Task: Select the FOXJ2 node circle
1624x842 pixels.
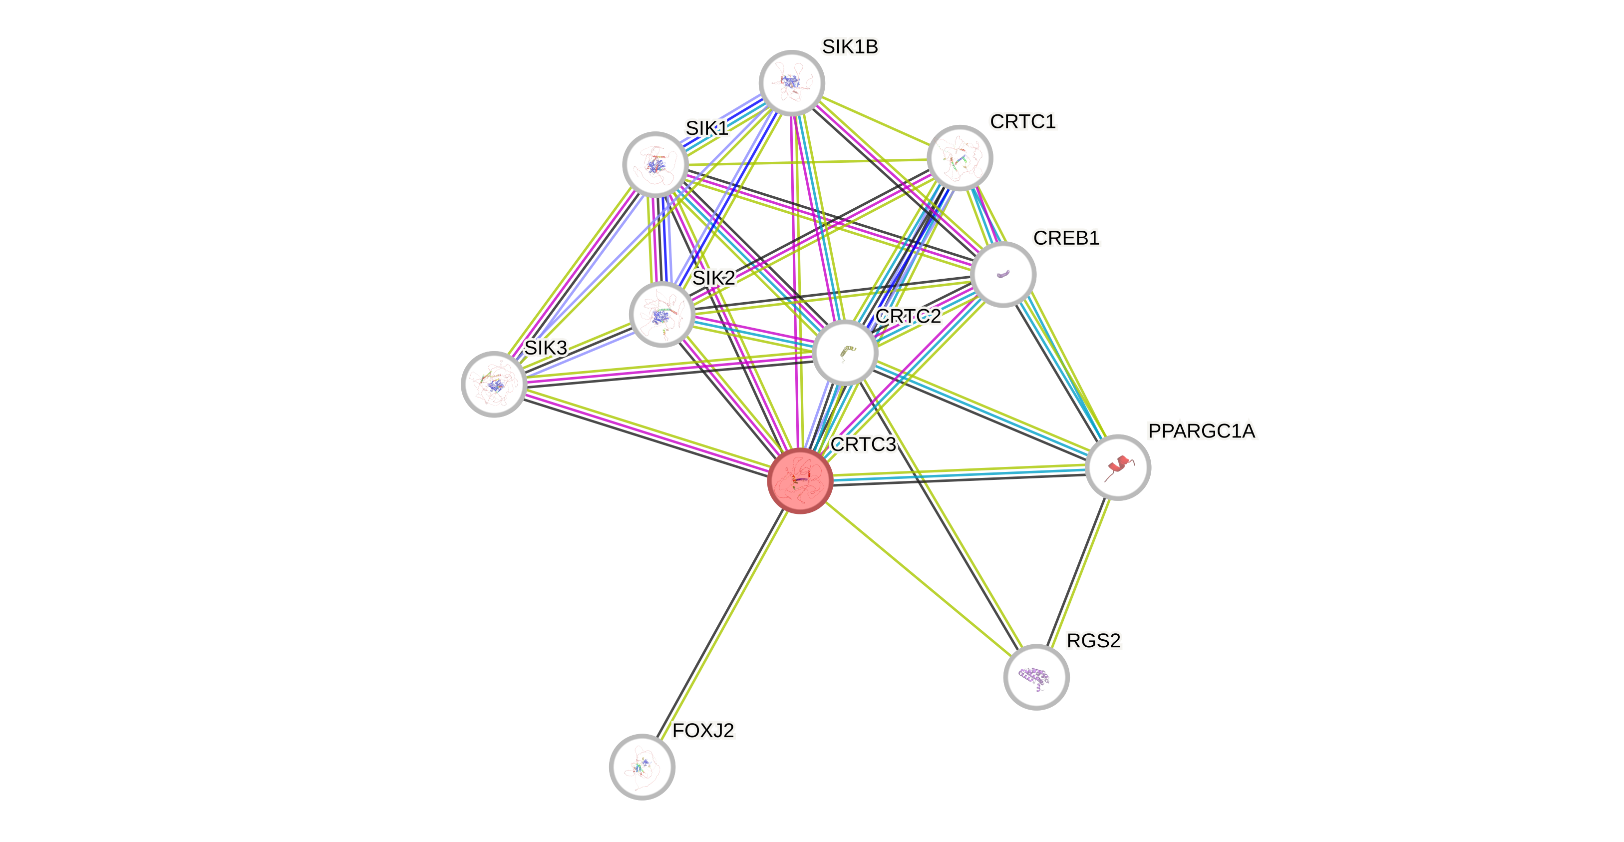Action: click(x=642, y=766)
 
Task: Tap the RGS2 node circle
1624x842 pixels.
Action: click(x=1036, y=677)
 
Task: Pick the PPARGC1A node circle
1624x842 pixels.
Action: click(x=1118, y=467)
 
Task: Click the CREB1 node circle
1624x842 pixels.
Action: click(x=1003, y=274)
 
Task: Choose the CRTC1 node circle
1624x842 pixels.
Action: click(x=960, y=158)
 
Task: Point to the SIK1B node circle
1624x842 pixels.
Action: click(x=791, y=82)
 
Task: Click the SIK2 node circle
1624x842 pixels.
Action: click(x=661, y=314)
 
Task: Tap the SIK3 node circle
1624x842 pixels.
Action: click(x=494, y=384)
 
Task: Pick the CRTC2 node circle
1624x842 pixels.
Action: click(x=845, y=352)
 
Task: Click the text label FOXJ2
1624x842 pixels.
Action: click(x=703, y=730)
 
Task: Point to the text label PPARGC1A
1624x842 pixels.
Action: click(x=1202, y=431)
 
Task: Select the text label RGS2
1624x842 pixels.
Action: click(x=1093, y=641)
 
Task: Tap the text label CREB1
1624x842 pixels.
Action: click(x=1066, y=238)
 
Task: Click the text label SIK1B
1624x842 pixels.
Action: click(x=849, y=46)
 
